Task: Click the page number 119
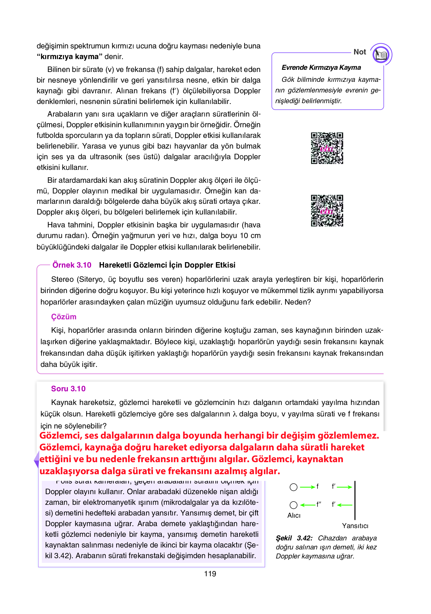210,574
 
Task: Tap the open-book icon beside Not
381,54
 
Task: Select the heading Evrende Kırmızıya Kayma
321,68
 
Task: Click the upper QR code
327,148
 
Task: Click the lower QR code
327,211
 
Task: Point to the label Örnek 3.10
72,265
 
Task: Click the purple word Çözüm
63,317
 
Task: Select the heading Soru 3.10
68,389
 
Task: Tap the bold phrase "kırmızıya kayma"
70,57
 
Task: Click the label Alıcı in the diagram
294,515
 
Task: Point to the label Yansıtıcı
355,526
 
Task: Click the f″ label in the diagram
319,504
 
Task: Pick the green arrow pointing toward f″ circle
308,505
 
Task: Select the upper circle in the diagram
293,487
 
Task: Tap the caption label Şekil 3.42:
294,538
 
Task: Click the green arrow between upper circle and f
307,487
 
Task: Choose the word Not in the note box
360,52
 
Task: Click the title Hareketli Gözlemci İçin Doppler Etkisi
167,265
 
